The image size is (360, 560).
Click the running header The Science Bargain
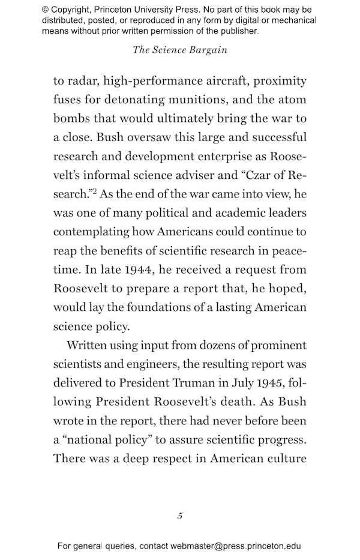[179, 50]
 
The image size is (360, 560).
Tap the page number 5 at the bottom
[179, 516]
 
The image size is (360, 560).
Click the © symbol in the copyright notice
[46, 10]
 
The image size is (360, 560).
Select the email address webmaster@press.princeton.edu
[236, 546]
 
